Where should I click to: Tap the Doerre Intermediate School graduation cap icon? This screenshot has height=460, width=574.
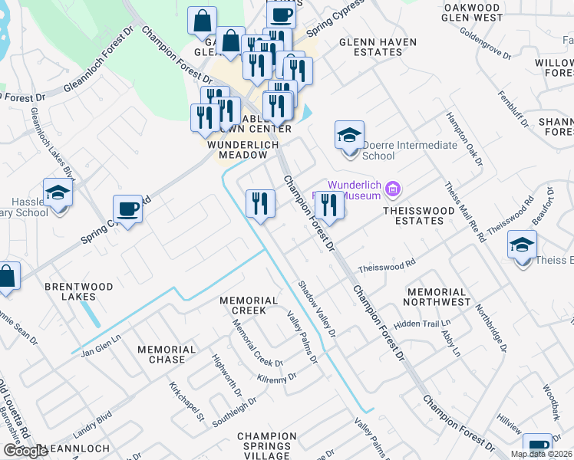click(349, 136)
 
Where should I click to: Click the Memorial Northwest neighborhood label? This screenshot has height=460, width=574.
click(438, 297)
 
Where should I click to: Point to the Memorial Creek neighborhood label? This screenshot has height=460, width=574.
click(249, 305)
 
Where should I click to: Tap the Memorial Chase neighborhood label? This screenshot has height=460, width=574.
click(161, 354)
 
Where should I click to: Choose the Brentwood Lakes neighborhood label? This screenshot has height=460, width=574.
click(78, 291)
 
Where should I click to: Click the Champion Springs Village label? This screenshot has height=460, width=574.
click(267, 442)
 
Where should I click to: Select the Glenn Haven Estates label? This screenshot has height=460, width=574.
click(378, 47)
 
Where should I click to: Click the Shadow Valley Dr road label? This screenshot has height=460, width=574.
click(317, 308)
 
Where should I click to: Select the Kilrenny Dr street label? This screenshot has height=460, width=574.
click(277, 378)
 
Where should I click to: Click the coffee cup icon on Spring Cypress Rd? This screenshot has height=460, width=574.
click(127, 209)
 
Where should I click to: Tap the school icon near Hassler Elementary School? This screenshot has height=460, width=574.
click(58, 192)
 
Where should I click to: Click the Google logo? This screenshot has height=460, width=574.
click(25, 451)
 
